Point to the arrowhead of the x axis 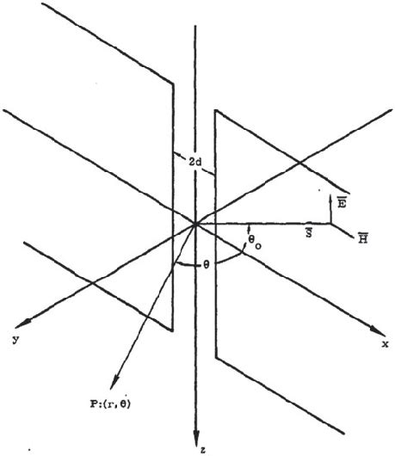(375, 331)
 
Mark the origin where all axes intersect (198, 223)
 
